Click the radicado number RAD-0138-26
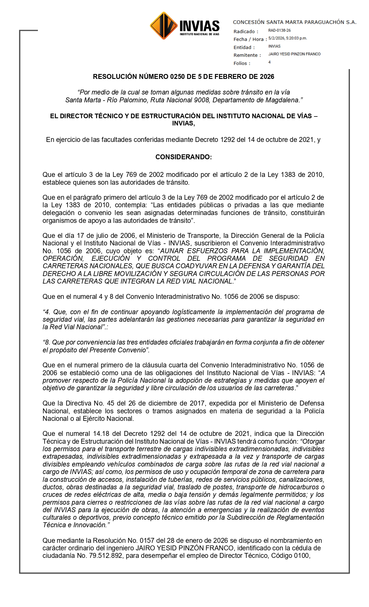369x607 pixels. pos(279,30)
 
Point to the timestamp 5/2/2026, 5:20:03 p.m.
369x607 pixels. pos(287,38)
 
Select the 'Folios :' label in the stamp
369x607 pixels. pos(242,63)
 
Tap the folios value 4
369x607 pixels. pos(269,62)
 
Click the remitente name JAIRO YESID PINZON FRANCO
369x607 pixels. pos(294,54)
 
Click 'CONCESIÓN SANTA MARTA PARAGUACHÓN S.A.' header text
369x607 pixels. pos(295,22)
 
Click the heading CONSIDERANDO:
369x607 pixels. pos(183,157)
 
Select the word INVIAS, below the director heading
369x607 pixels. pos(183,123)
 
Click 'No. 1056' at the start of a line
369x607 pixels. pos(55,251)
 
